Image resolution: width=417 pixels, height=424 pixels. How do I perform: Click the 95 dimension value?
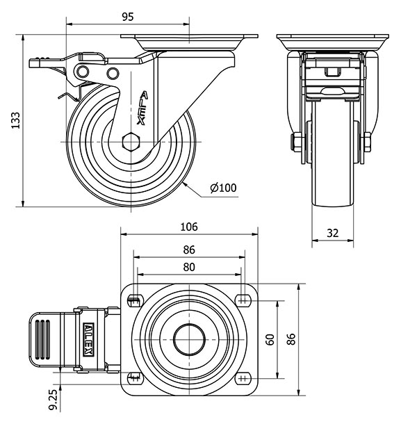pyautogui.click(x=126, y=17)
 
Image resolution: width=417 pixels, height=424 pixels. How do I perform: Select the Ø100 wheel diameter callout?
pyautogui.click(x=222, y=187)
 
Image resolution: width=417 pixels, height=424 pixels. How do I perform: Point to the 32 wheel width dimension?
pyautogui.click(x=332, y=234)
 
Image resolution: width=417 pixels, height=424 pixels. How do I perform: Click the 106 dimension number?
pyautogui.click(x=189, y=226)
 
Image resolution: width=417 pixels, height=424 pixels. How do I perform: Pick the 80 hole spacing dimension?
pyautogui.click(x=189, y=266)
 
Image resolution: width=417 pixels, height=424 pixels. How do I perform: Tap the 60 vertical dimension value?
pyautogui.click(x=270, y=339)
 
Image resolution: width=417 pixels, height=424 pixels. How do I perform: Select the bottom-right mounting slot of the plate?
pyautogui.click(x=243, y=378)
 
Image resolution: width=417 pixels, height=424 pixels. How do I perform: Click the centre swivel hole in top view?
pyautogui.click(x=189, y=339)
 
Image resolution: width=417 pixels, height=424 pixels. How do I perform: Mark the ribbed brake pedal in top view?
pyautogui.click(x=44, y=339)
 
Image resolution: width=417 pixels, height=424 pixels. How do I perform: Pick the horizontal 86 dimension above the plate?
pyautogui.click(x=189, y=250)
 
